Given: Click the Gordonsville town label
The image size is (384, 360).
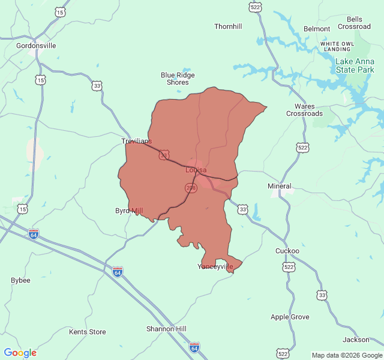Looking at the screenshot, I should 36,46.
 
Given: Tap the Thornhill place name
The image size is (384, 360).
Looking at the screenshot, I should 228,26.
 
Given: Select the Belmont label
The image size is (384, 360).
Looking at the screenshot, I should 317,29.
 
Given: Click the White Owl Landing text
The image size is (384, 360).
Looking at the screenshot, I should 337,46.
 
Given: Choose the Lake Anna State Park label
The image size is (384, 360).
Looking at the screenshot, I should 355,65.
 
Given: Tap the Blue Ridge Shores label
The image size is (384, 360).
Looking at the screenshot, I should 178,79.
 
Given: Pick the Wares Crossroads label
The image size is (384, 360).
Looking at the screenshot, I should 304,110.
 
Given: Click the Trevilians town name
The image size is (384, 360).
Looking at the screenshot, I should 136,141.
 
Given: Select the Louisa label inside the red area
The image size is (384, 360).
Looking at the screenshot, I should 196,170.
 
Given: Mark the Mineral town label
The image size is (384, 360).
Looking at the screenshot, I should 279,186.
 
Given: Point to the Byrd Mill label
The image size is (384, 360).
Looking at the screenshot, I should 129,211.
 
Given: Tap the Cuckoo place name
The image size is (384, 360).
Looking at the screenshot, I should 287,251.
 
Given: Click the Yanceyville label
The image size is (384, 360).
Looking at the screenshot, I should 215,266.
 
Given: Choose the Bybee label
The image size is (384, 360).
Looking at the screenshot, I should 20,280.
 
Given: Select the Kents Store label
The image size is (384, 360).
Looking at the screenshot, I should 87,332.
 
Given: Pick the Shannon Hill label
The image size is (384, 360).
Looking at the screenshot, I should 166,329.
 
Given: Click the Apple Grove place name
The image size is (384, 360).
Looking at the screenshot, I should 290,317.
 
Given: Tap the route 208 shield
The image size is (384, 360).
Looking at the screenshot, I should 191,188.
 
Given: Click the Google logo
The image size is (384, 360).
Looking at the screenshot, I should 20,353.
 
